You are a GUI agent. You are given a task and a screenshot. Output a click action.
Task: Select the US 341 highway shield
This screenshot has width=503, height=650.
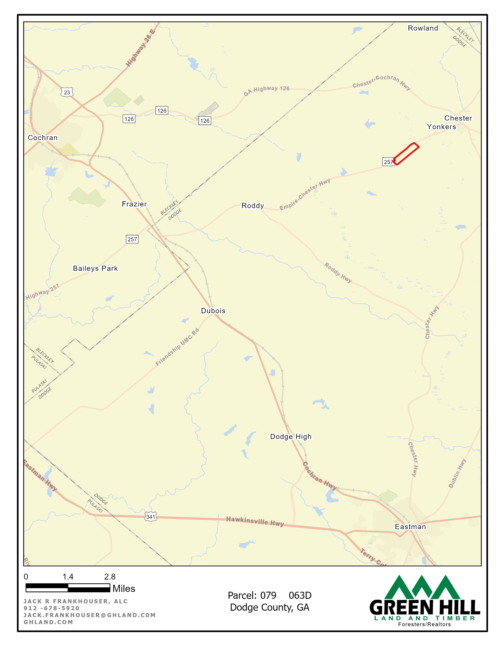(151, 517)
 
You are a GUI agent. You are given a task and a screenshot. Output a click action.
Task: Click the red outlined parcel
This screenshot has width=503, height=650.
(406, 154)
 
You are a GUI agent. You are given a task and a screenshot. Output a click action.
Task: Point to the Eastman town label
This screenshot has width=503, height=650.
(410, 527)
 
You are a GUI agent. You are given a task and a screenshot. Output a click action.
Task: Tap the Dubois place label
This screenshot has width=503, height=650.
(213, 311)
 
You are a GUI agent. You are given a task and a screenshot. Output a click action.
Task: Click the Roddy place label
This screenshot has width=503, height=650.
(253, 206)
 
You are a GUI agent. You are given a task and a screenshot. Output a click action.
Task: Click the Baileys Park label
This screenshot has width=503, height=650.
(95, 268)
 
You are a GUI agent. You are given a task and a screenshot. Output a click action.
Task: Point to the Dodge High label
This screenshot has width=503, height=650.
(291, 437)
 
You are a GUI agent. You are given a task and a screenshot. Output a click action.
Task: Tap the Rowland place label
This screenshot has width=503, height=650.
(423, 28)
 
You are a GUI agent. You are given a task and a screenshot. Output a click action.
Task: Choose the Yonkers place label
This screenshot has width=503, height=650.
(441, 127)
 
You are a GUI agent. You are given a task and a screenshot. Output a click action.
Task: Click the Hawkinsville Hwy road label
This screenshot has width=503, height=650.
(255, 521)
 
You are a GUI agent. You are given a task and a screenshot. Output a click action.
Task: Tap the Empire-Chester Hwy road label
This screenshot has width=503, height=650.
(305, 194)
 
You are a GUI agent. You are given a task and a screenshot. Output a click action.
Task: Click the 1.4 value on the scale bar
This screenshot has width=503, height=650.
(68, 577)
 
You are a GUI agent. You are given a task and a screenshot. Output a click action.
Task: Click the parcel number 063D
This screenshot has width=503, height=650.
(300, 595)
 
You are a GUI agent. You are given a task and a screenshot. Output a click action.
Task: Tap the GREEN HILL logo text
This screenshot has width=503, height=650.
(425, 607)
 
